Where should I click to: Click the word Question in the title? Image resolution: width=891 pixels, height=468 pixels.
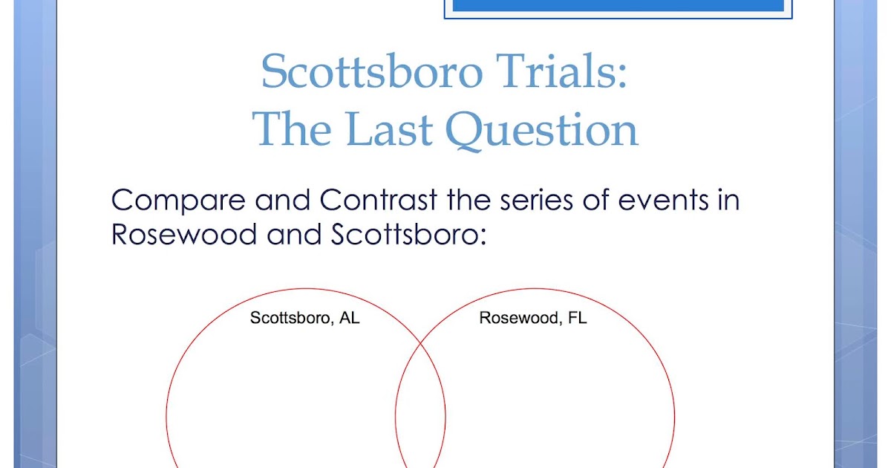click(x=541, y=131)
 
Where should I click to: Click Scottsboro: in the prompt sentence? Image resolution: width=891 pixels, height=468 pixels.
click(x=408, y=234)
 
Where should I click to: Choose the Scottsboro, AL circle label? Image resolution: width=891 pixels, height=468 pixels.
click(x=304, y=319)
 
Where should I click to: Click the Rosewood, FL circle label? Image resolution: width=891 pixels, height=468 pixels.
click(x=533, y=319)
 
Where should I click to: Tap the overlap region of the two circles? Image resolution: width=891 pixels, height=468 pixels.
click(x=420, y=416)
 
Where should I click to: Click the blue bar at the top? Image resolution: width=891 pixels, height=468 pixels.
click(x=618, y=5)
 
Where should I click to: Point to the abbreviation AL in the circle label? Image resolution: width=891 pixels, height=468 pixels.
click(x=350, y=319)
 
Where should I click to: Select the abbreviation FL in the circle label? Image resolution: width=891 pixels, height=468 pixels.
click(x=577, y=319)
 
